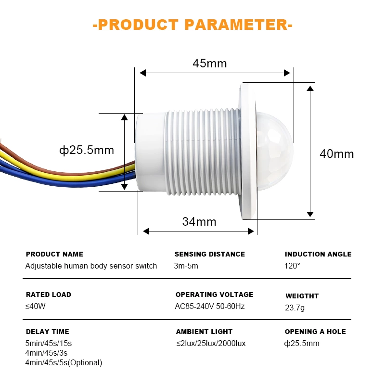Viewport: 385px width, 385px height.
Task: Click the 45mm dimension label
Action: (209, 64)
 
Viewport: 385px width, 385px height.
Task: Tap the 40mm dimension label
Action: (336, 154)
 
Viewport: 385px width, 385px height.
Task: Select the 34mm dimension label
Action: (199, 221)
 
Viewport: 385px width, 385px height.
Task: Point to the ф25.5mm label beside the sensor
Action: (87, 150)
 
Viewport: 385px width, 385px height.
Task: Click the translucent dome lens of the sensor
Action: (274, 151)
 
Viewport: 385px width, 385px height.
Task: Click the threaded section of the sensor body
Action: (203, 152)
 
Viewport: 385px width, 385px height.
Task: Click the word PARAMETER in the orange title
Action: (236, 25)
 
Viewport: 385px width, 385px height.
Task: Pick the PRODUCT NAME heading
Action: (54, 254)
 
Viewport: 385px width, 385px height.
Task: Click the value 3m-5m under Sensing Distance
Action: (186, 266)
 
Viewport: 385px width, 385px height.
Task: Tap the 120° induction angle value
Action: (292, 266)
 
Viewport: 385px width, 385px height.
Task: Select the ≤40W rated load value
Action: (35, 306)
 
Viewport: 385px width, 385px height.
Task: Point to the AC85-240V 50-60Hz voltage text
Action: (210, 306)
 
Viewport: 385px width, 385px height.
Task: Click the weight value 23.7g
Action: (295, 308)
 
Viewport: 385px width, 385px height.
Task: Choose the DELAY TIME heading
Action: (48, 332)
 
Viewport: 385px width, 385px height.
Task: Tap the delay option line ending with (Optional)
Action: (64, 362)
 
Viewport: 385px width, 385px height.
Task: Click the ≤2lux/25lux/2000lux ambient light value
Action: (211, 343)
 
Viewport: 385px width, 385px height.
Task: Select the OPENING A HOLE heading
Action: (315, 332)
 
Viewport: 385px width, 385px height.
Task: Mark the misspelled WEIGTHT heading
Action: (302, 296)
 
